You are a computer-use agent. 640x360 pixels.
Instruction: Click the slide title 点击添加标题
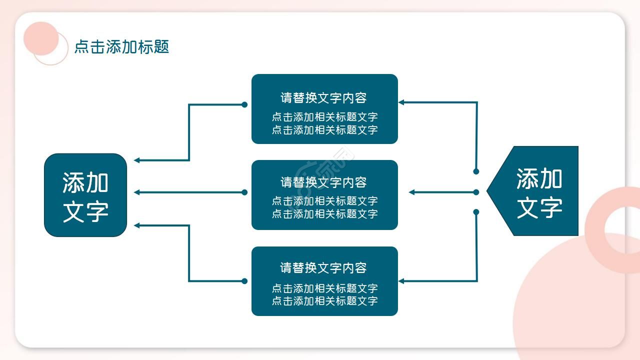point(121,46)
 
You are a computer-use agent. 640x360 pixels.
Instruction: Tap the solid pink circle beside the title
point(41,38)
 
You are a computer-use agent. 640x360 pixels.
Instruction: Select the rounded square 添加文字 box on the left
point(85,195)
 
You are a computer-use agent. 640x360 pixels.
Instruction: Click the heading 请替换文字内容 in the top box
point(324,97)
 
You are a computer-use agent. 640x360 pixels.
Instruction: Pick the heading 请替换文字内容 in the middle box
point(324,182)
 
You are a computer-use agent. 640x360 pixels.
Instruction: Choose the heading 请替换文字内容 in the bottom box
point(324,267)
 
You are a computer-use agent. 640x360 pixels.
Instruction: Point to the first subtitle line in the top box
point(324,117)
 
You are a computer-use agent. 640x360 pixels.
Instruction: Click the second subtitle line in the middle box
point(324,213)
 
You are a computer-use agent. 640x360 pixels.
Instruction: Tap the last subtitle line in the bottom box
point(324,300)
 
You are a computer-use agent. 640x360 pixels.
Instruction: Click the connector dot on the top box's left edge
point(244,104)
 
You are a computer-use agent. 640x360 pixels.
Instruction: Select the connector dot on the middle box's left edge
point(244,192)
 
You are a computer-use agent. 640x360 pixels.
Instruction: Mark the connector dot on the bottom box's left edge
point(244,281)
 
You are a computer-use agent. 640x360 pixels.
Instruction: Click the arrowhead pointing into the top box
point(401,102)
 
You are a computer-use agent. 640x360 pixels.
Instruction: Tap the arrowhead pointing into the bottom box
point(401,281)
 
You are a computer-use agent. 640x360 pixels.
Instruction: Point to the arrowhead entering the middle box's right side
point(412,192)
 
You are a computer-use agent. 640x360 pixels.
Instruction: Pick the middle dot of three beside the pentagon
point(476,192)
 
